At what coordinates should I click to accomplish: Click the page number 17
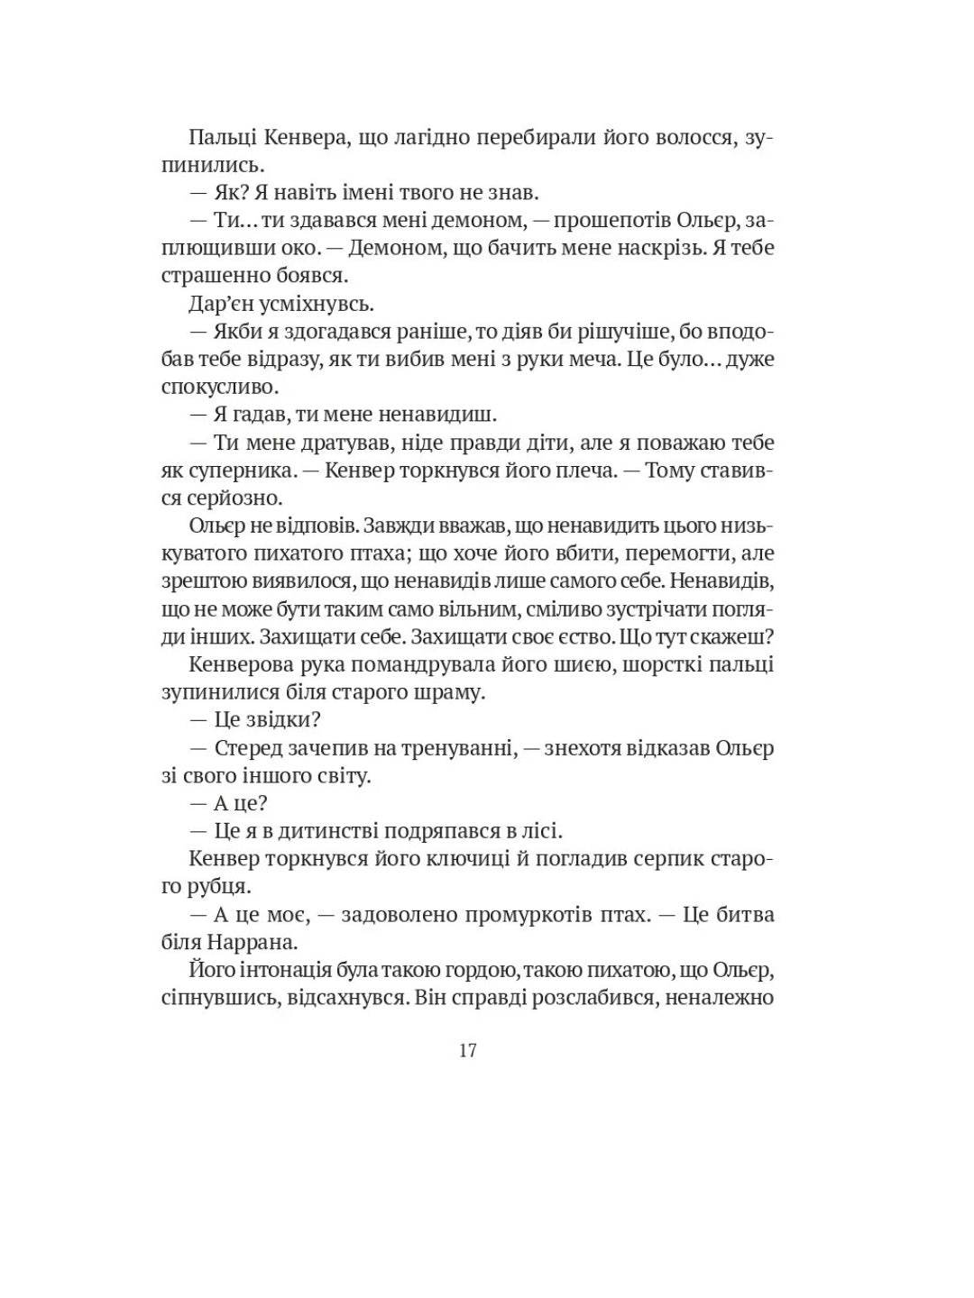point(467,1050)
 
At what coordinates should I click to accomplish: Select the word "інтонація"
point(283,970)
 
